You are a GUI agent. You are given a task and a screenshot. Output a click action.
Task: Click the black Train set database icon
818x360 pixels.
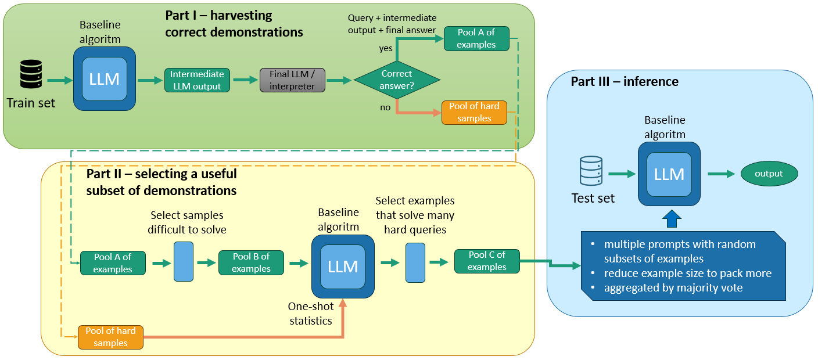coord(31,75)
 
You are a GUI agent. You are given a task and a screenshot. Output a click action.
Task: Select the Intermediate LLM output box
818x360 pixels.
coord(197,80)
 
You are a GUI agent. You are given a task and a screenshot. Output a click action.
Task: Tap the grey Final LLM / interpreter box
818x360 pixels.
coord(292,80)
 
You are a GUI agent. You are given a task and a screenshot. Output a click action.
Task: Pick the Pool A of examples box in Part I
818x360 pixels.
coord(476,38)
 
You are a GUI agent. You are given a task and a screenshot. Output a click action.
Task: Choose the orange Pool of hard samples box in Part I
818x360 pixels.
coord(474,113)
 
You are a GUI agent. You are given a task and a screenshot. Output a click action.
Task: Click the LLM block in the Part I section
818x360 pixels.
coord(105,79)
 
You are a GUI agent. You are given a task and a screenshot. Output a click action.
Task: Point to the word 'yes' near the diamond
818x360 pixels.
coord(386,48)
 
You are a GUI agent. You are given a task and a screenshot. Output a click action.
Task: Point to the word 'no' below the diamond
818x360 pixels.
coord(385,107)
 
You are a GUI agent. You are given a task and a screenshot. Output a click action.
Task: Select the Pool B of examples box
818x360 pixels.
coord(251,262)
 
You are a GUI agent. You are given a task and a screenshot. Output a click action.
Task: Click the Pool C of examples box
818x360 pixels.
coord(486,261)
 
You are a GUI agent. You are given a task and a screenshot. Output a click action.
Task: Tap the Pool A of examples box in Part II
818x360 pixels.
coord(113,263)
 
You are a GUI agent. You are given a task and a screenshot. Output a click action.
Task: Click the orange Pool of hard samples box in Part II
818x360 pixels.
coord(110,337)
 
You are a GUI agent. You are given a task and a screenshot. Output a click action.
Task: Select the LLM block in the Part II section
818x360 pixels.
coord(343,266)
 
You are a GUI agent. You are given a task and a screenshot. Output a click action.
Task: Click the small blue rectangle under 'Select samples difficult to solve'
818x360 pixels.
coord(183,262)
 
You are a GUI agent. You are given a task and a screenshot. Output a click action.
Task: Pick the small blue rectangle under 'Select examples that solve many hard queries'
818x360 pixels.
coord(415,262)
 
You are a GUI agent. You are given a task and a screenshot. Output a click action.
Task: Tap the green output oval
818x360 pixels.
coord(769,174)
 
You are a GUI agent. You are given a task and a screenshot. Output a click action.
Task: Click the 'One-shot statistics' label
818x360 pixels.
coord(310,313)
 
